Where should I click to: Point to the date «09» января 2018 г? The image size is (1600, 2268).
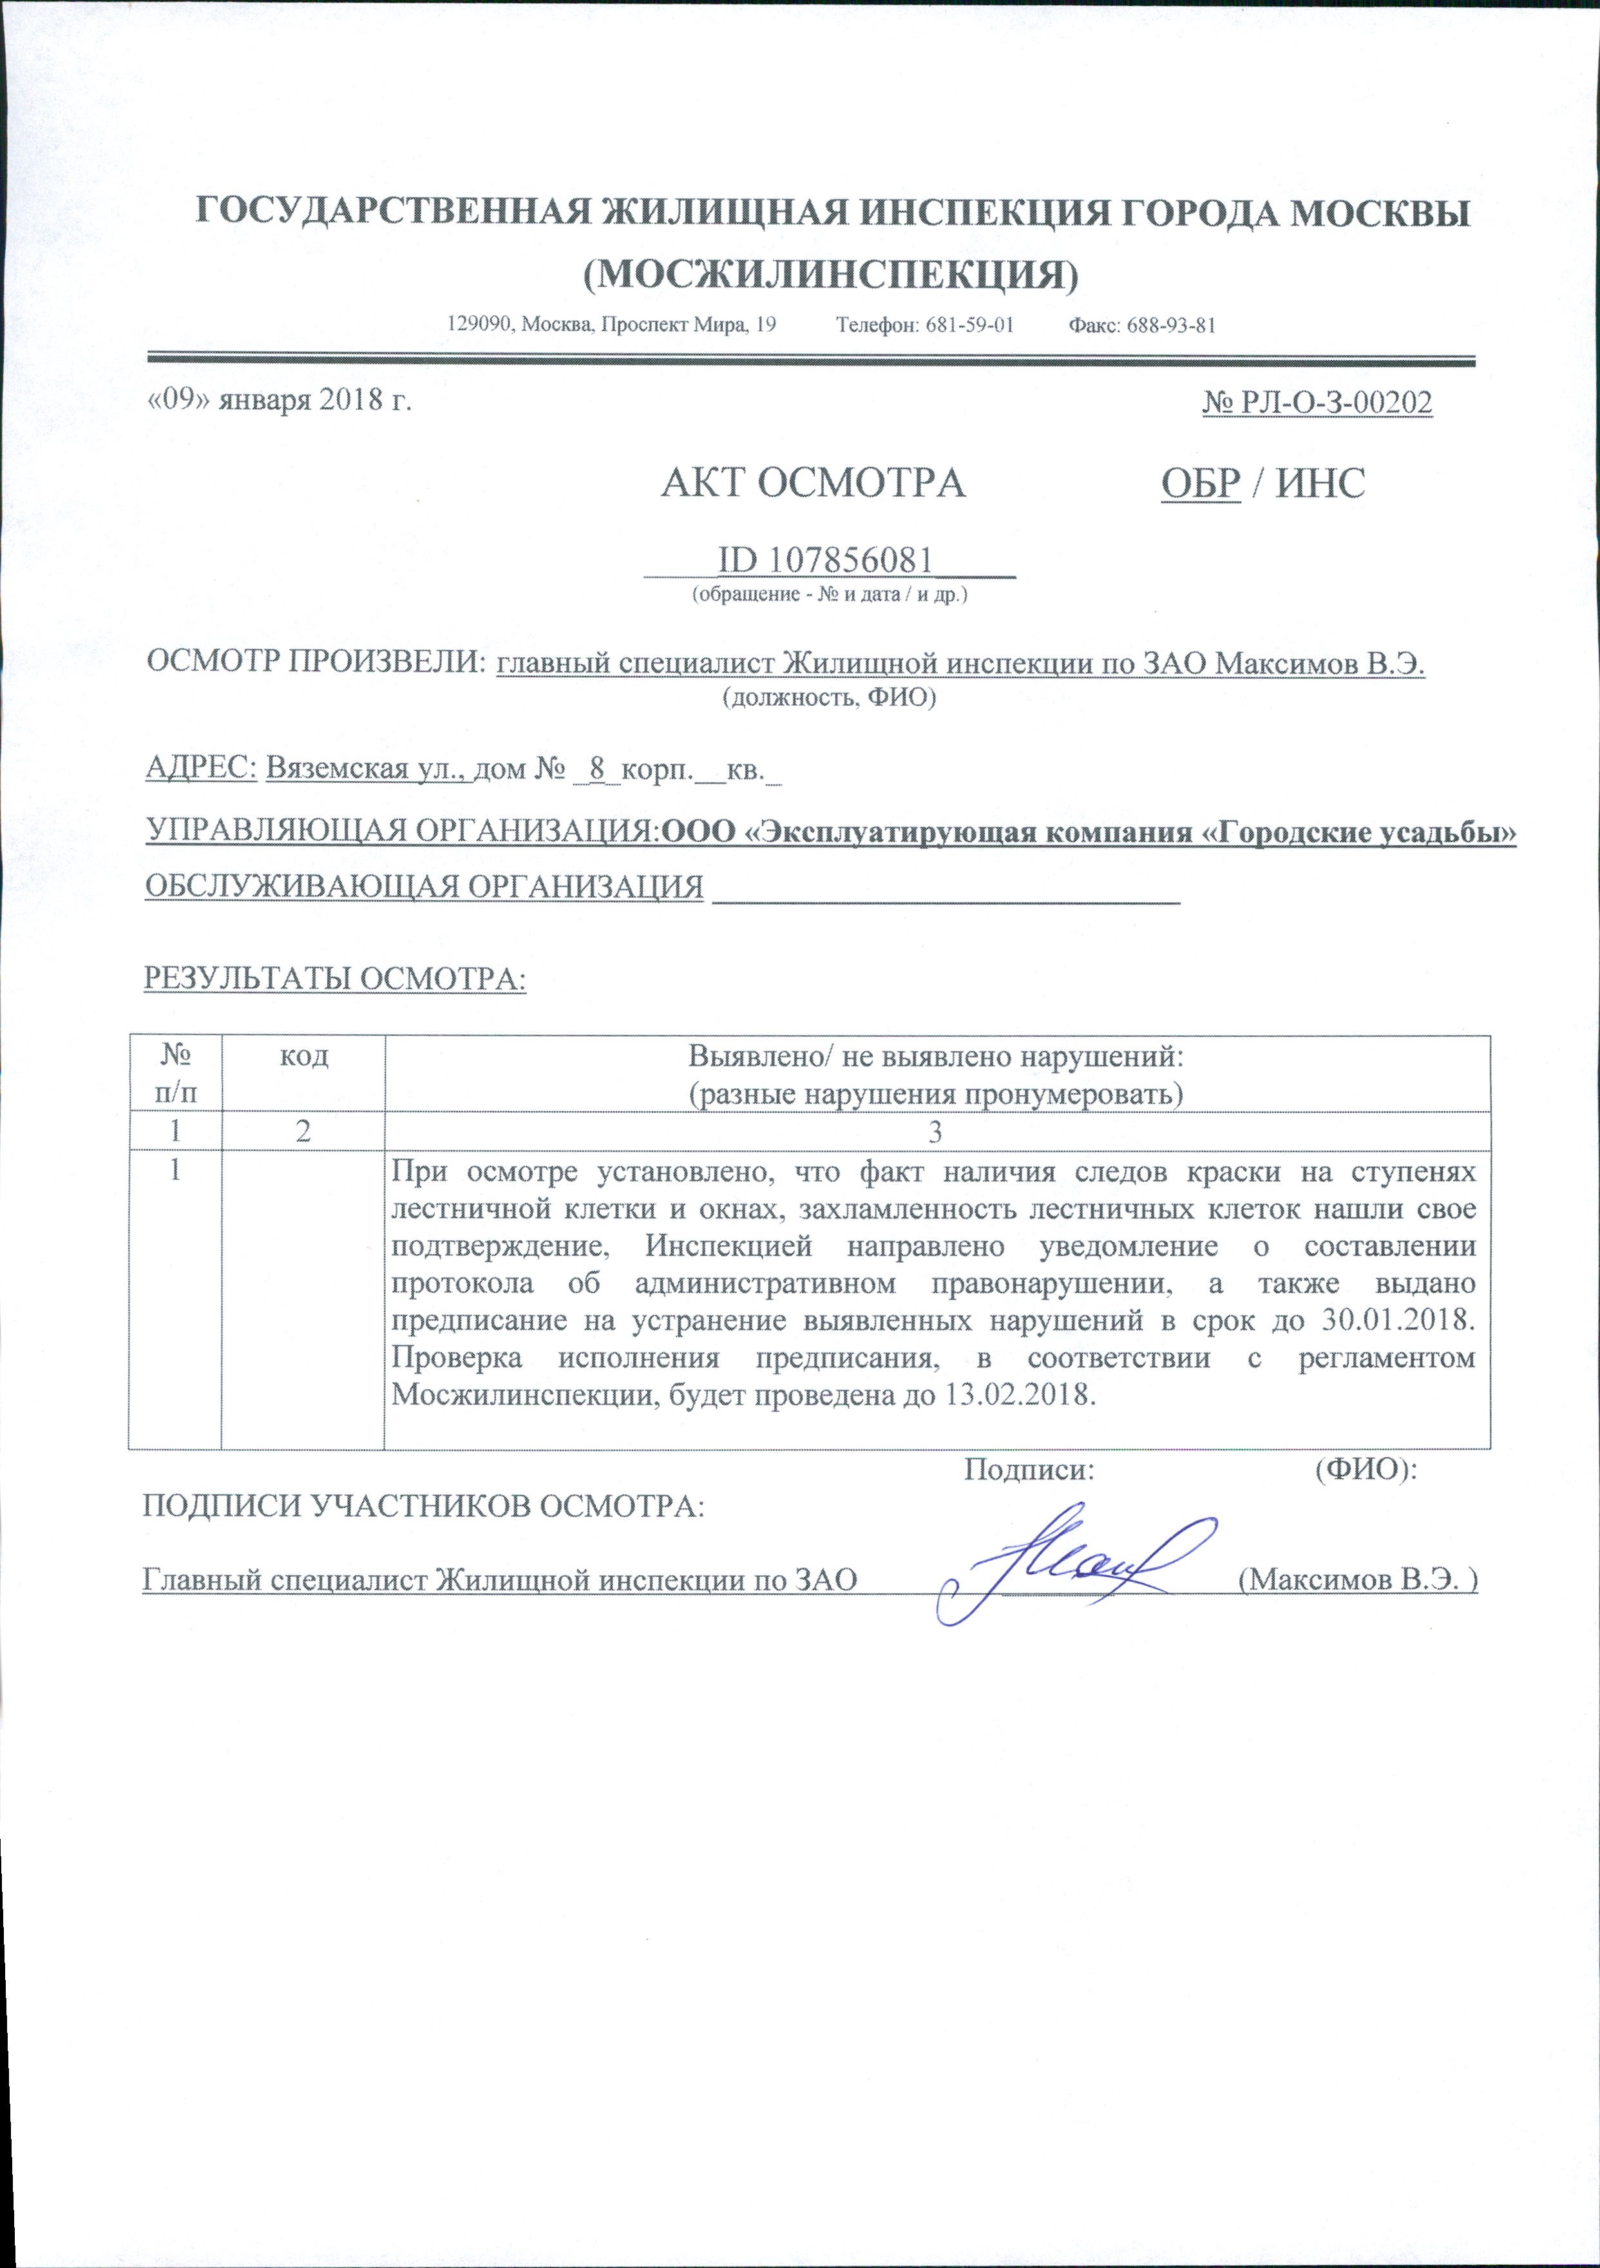tap(278, 401)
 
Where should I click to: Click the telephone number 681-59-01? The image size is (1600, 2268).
tap(970, 325)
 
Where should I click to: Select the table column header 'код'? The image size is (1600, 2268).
tap(303, 1056)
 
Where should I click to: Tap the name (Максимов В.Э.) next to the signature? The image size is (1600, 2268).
tap(1357, 1579)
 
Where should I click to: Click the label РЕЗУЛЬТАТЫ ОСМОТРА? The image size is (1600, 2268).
tap(336, 978)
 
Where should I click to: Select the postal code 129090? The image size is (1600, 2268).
tap(480, 325)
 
